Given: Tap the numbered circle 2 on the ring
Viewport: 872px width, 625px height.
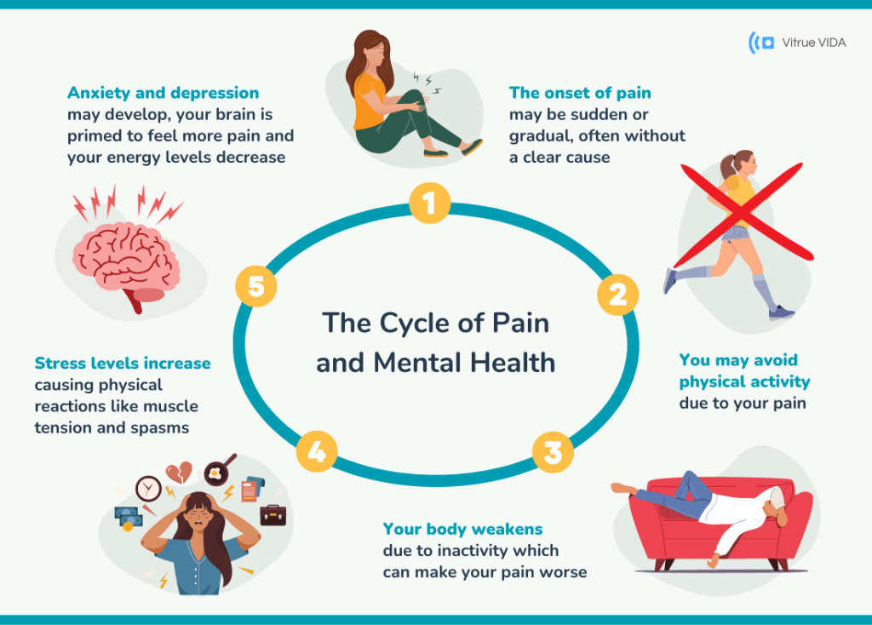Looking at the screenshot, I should point(617,295).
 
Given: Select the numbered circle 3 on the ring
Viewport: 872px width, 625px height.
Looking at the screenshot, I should point(553,452).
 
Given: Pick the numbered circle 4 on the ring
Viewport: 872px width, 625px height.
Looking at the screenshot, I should point(316,451).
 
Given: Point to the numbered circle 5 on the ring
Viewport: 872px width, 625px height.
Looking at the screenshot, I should point(256,287).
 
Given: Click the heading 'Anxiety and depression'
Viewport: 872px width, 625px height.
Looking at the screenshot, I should point(163,92).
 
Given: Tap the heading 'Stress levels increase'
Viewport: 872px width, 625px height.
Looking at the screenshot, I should point(123,364).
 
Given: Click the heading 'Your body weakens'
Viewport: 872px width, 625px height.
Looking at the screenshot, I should point(462,529).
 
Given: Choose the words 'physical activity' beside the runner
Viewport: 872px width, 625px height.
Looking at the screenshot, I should point(744,381).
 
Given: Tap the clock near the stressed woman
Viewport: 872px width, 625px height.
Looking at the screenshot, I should point(148,488).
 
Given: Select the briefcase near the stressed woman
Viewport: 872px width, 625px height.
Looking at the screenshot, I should point(273,514).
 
